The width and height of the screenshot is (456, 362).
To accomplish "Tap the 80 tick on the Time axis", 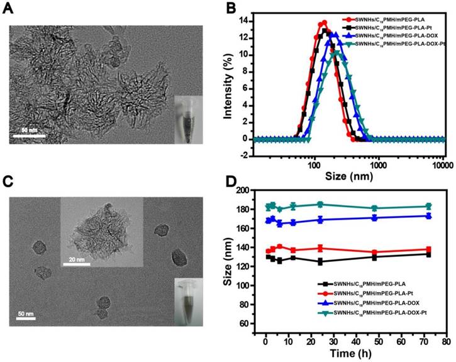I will pos(445,342).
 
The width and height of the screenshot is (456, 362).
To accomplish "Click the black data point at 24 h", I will pos(320,261).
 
